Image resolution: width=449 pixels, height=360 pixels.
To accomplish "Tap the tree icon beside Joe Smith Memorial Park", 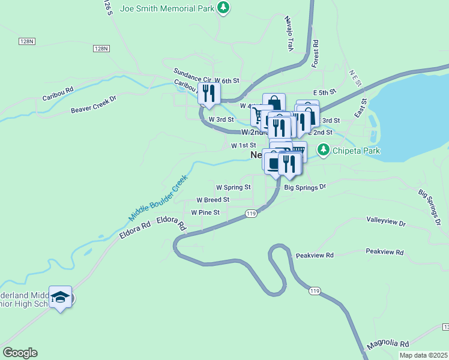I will pyautogui.click(x=223, y=8).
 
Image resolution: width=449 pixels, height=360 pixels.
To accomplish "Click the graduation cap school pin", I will pyautogui.click(x=61, y=297).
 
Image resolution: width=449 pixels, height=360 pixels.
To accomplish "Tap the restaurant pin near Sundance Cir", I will pyautogui.click(x=209, y=94).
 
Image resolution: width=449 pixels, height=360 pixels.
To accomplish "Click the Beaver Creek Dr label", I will pyautogui.click(x=93, y=106).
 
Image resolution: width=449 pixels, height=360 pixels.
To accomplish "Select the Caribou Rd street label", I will pyautogui.click(x=58, y=93).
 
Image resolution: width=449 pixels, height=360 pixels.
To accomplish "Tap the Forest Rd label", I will pyautogui.click(x=315, y=53).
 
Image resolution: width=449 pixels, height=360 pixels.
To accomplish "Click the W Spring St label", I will pyautogui.click(x=233, y=187).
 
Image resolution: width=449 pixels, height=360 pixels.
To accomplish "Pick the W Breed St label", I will pyautogui.click(x=213, y=200).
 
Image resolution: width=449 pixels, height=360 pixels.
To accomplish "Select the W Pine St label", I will pyautogui.click(x=205, y=212).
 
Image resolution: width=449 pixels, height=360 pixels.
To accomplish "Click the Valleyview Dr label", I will pyautogui.click(x=386, y=222).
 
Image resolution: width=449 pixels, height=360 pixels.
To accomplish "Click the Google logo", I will pyautogui.click(x=20, y=353).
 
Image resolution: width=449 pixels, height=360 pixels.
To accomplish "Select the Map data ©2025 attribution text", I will pyautogui.click(x=423, y=355).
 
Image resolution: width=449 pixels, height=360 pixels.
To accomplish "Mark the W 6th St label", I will pyautogui.click(x=227, y=80).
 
